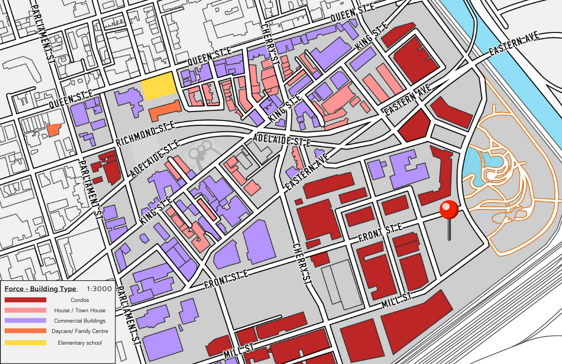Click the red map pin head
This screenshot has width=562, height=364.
pyautogui.click(x=449, y=210)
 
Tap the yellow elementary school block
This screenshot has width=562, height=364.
pyautogui.click(x=158, y=86)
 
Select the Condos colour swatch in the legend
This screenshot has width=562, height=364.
pyautogui.click(x=25, y=300)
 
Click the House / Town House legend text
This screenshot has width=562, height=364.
pyautogui.click(x=80, y=310)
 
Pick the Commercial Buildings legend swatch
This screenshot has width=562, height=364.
pyautogui.click(x=25, y=321)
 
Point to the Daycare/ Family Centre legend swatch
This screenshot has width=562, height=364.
pyautogui.click(x=25, y=331)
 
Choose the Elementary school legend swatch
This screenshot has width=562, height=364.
pyautogui.click(x=25, y=343)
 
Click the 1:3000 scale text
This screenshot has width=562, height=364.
pyautogui.click(x=99, y=289)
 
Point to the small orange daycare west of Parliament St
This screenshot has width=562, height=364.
pyautogui.click(x=53, y=130)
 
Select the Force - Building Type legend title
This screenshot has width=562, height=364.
pyautogui.click(x=40, y=289)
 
